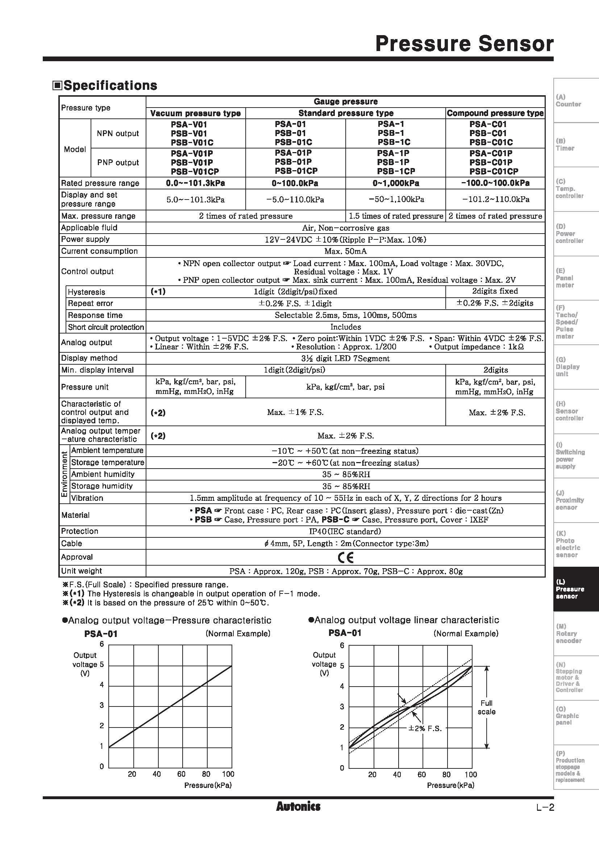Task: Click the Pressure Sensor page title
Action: tap(464, 44)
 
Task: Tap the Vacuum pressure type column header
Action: tap(195, 113)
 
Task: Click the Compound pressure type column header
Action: tap(495, 113)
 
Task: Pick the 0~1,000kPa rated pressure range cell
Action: tap(395, 183)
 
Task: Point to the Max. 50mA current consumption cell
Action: tap(345, 252)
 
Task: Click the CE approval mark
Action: tap(345, 557)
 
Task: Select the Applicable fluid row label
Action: tap(89, 228)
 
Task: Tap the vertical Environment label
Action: tap(64, 474)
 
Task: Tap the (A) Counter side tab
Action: tap(568, 101)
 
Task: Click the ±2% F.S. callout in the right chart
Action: tap(425, 729)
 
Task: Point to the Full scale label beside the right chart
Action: tap(486, 707)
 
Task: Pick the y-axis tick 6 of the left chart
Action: tap(102, 644)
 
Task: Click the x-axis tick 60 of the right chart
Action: tap(421, 774)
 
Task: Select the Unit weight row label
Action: tap(81, 571)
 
